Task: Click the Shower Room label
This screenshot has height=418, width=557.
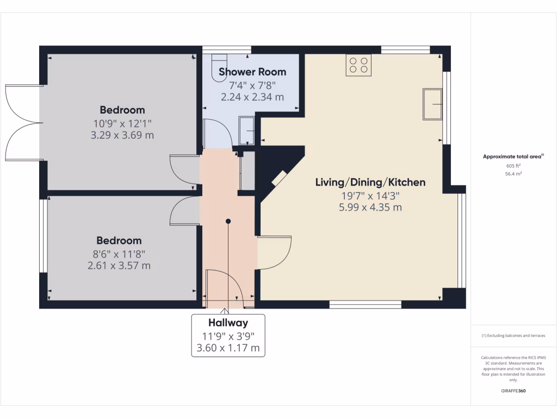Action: pyautogui.click(x=252, y=72)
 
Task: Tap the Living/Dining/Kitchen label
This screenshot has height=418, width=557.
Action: pyautogui.click(x=370, y=182)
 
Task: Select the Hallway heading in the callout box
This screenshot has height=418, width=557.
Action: pyautogui.click(x=228, y=323)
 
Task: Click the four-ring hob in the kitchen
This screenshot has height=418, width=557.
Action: pyautogui.click(x=358, y=65)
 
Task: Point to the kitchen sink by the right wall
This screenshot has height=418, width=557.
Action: pyautogui.click(x=433, y=104)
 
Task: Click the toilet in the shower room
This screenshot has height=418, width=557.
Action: pyautogui.click(x=219, y=68)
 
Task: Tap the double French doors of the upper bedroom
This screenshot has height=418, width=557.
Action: pyautogui.click(x=22, y=122)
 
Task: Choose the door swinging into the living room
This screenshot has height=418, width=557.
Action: pyautogui.click(x=275, y=252)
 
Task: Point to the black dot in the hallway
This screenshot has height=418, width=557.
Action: pyautogui.click(x=228, y=221)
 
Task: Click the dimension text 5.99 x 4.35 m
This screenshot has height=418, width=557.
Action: pyautogui.click(x=370, y=207)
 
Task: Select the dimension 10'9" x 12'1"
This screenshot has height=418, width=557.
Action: pyautogui.click(x=122, y=123)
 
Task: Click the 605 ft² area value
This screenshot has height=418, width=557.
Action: pyautogui.click(x=513, y=165)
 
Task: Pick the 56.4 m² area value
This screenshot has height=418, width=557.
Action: pyautogui.click(x=513, y=174)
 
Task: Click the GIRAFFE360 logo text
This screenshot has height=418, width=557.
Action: pyautogui.click(x=513, y=391)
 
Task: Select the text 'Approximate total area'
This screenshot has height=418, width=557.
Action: pyautogui.click(x=512, y=157)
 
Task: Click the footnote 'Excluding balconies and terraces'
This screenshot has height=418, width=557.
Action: pyautogui.click(x=513, y=336)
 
